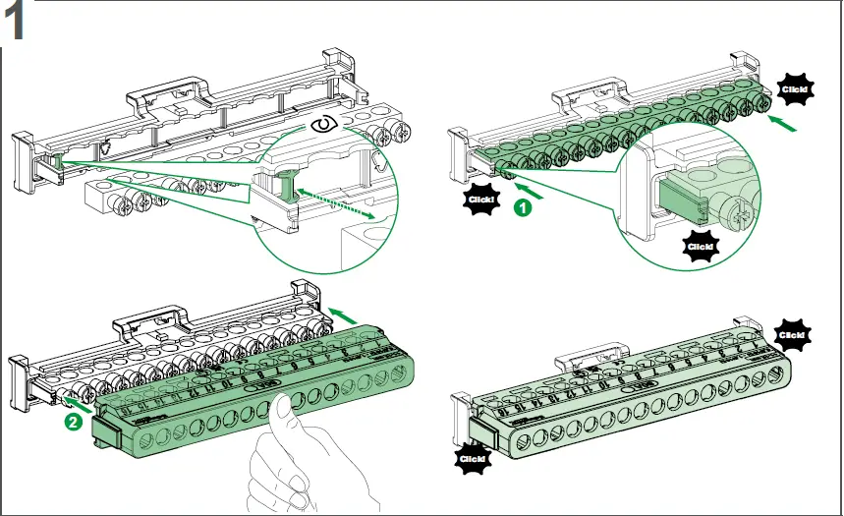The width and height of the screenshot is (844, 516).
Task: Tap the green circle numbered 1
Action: tap(525, 208)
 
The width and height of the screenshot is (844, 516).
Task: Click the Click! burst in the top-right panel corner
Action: tap(797, 89)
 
